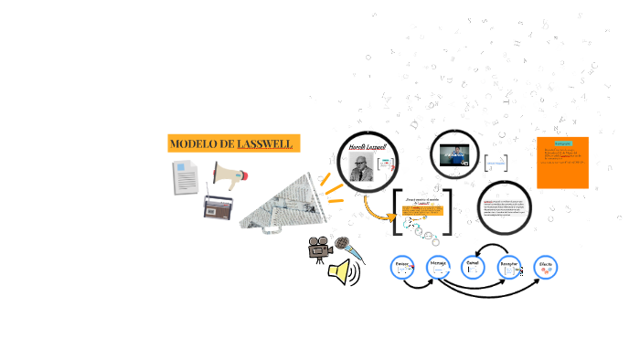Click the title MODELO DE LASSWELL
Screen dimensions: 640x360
(x=234, y=144)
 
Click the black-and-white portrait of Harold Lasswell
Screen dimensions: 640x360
(x=364, y=165)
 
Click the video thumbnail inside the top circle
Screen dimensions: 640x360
(x=454, y=156)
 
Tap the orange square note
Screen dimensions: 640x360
(x=562, y=163)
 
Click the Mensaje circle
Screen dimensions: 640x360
(x=439, y=268)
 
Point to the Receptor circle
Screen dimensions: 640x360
(x=509, y=268)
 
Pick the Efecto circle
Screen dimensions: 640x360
(x=545, y=267)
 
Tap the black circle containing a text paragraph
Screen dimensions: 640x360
(x=506, y=207)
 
